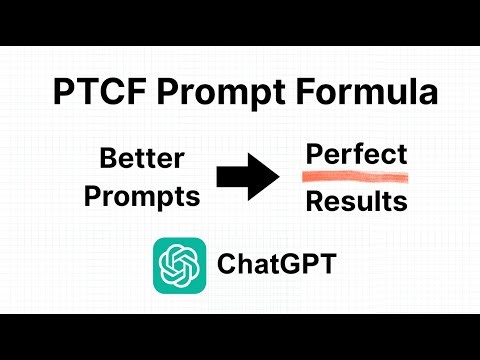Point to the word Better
pyautogui.click(x=142, y=158)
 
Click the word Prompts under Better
pyautogui.click(x=142, y=197)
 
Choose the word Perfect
pyautogui.click(x=356, y=155)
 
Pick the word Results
pyautogui.click(x=356, y=202)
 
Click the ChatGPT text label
pyautogui.click(x=276, y=265)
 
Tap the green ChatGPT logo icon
pyautogui.click(x=179, y=265)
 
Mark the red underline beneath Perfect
pyautogui.click(x=356, y=177)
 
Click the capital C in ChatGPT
pyautogui.click(x=226, y=265)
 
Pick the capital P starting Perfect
pyautogui.click(x=314, y=155)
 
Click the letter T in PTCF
pyautogui.click(x=82, y=95)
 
